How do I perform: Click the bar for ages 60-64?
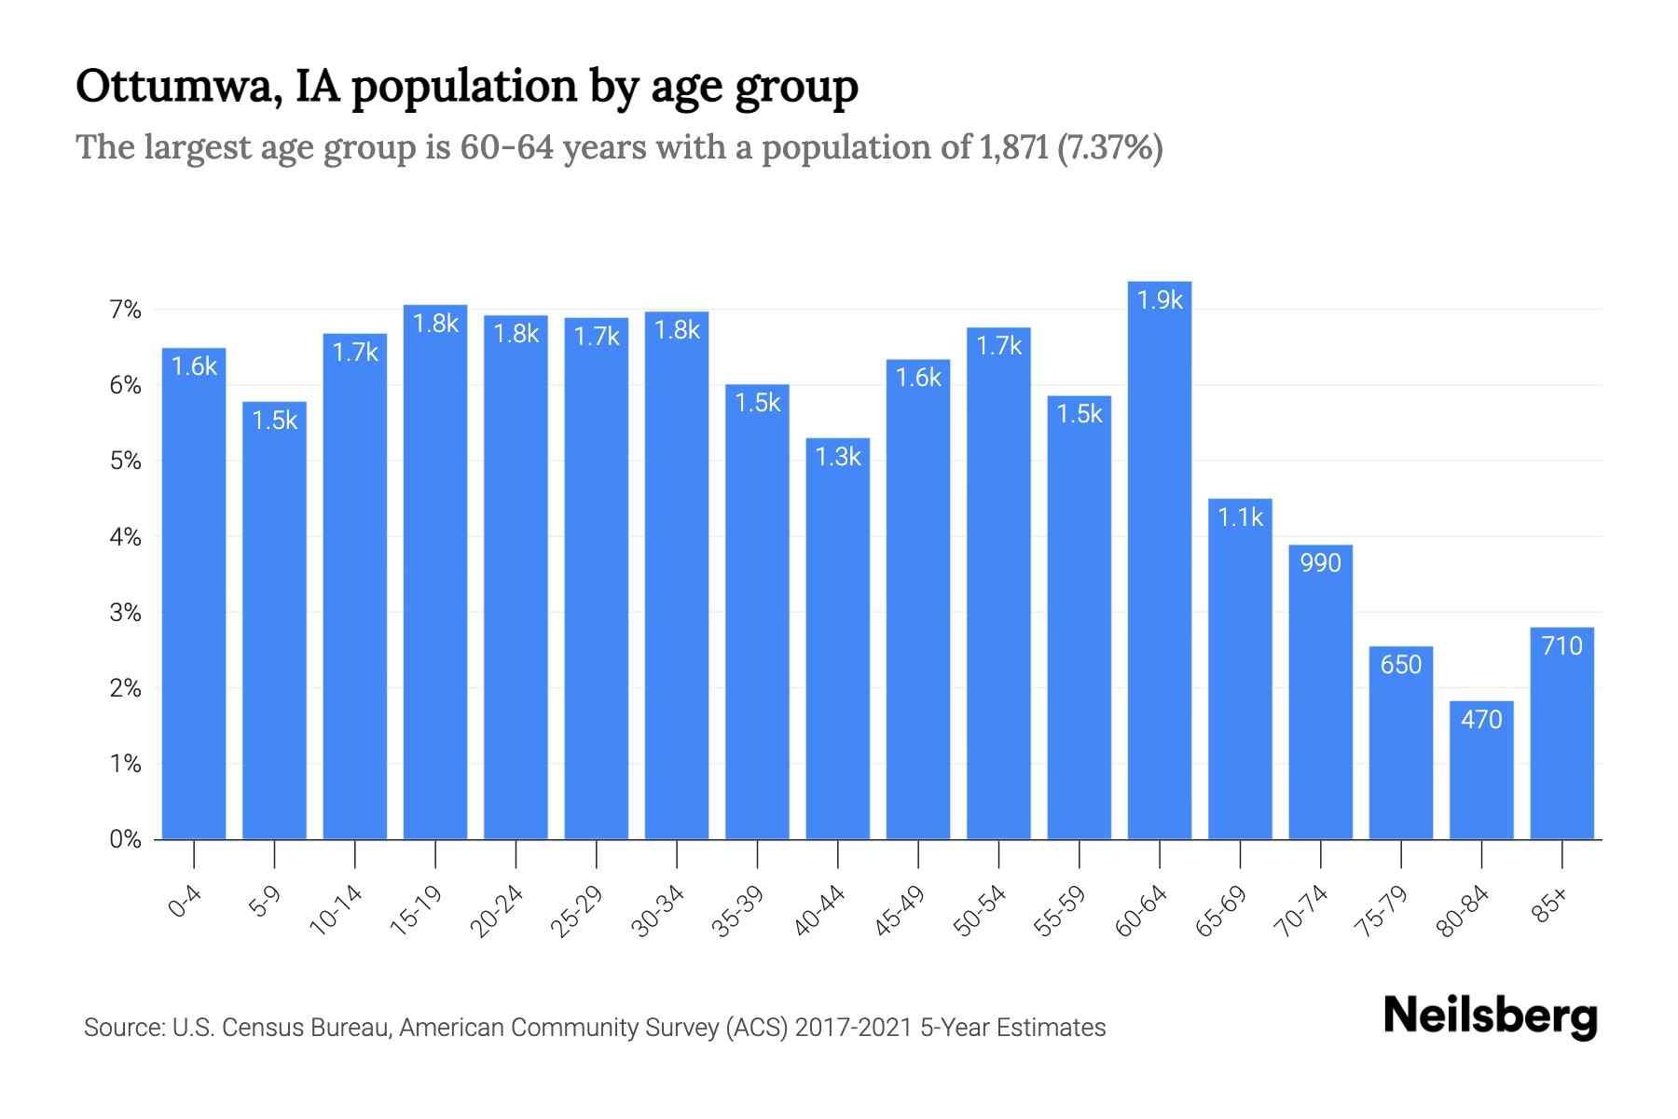coord(1159,559)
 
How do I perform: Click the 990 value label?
coord(1320,563)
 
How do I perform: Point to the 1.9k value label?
coord(1160,300)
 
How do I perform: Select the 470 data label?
coord(1481,720)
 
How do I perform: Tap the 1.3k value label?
coord(838,457)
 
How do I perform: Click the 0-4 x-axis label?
coord(185,903)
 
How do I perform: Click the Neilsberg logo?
coord(1490,1016)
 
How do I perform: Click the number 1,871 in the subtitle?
coord(1013,147)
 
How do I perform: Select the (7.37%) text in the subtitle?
coord(1110,147)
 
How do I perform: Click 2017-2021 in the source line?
coord(854,1028)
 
